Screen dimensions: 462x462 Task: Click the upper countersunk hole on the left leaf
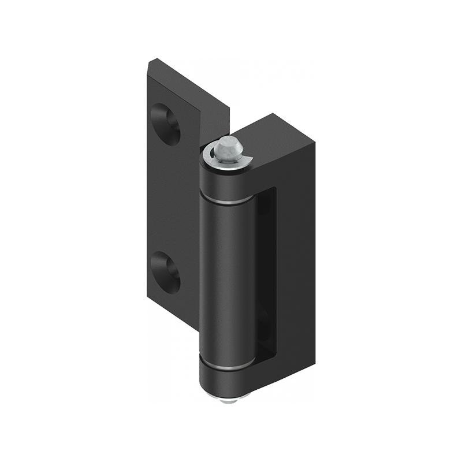(166, 122)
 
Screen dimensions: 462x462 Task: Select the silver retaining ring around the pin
(214, 162)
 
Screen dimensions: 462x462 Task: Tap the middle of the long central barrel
(226, 277)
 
